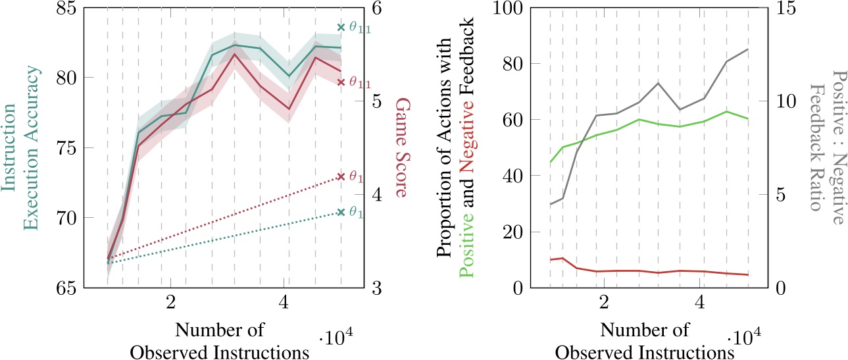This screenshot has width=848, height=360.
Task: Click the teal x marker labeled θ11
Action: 341,27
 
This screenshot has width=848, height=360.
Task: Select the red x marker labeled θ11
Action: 341,82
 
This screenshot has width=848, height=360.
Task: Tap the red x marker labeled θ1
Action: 341,176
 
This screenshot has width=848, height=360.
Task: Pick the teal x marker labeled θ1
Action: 341,212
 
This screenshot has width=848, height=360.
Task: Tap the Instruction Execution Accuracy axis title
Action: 20,148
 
